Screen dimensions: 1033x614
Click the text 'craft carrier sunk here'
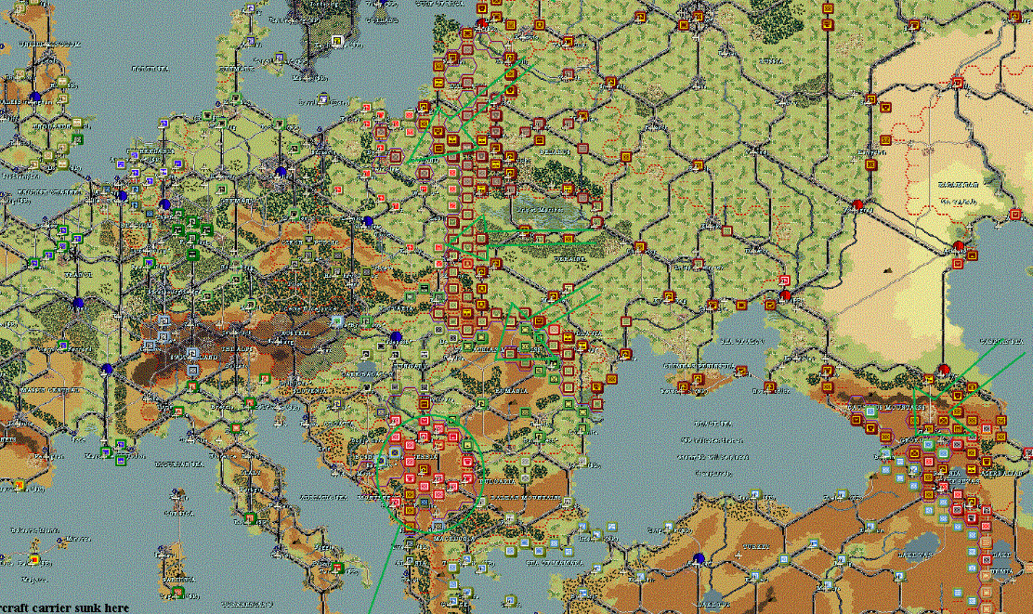(65, 607)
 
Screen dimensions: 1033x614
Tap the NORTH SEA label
(149, 68)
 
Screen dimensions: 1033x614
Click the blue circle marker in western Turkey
(699, 559)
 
